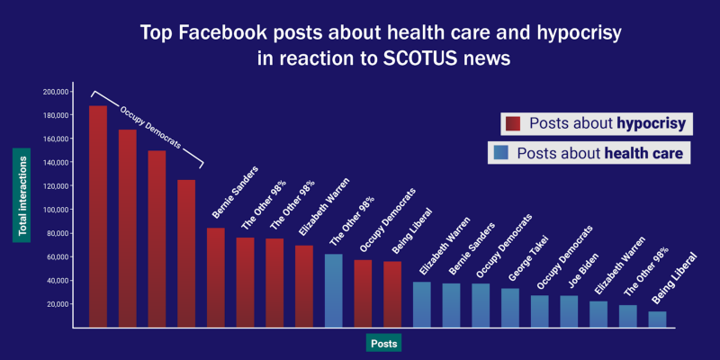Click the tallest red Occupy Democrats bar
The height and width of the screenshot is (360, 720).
coord(98,216)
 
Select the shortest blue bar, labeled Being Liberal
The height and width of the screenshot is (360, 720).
coord(658,319)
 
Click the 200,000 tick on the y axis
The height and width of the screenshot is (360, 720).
coord(56,92)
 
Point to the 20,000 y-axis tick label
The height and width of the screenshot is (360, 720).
coord(58,304)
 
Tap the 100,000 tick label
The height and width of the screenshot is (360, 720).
coord(56,210)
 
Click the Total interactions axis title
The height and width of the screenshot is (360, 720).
coord(23,195)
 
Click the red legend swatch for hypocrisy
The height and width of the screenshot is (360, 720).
coord(514,124)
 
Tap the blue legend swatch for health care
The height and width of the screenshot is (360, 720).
coord(500,154)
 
